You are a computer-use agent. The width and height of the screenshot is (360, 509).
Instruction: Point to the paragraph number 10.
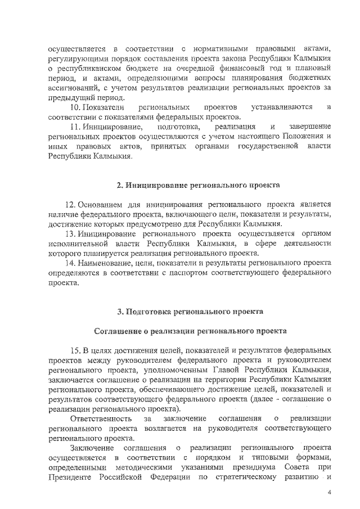click(x=75, y=107)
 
